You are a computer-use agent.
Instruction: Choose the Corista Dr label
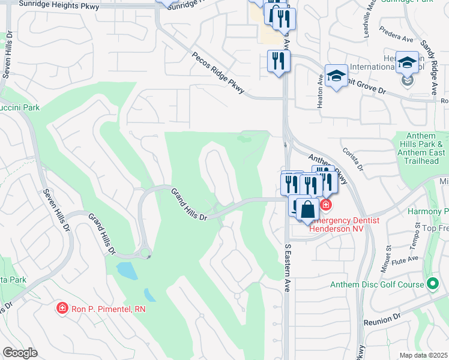tap(352, 160)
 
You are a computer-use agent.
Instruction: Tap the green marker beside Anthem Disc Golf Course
tap(432, 284)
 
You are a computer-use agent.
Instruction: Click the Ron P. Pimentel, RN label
tap(109, 308)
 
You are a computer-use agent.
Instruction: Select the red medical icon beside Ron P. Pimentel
tap(62, 308)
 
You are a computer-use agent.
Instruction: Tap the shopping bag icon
tap(308, 210)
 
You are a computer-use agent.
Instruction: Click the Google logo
tap(20, 353)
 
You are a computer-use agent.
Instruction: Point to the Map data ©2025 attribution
tap(423, 355)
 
